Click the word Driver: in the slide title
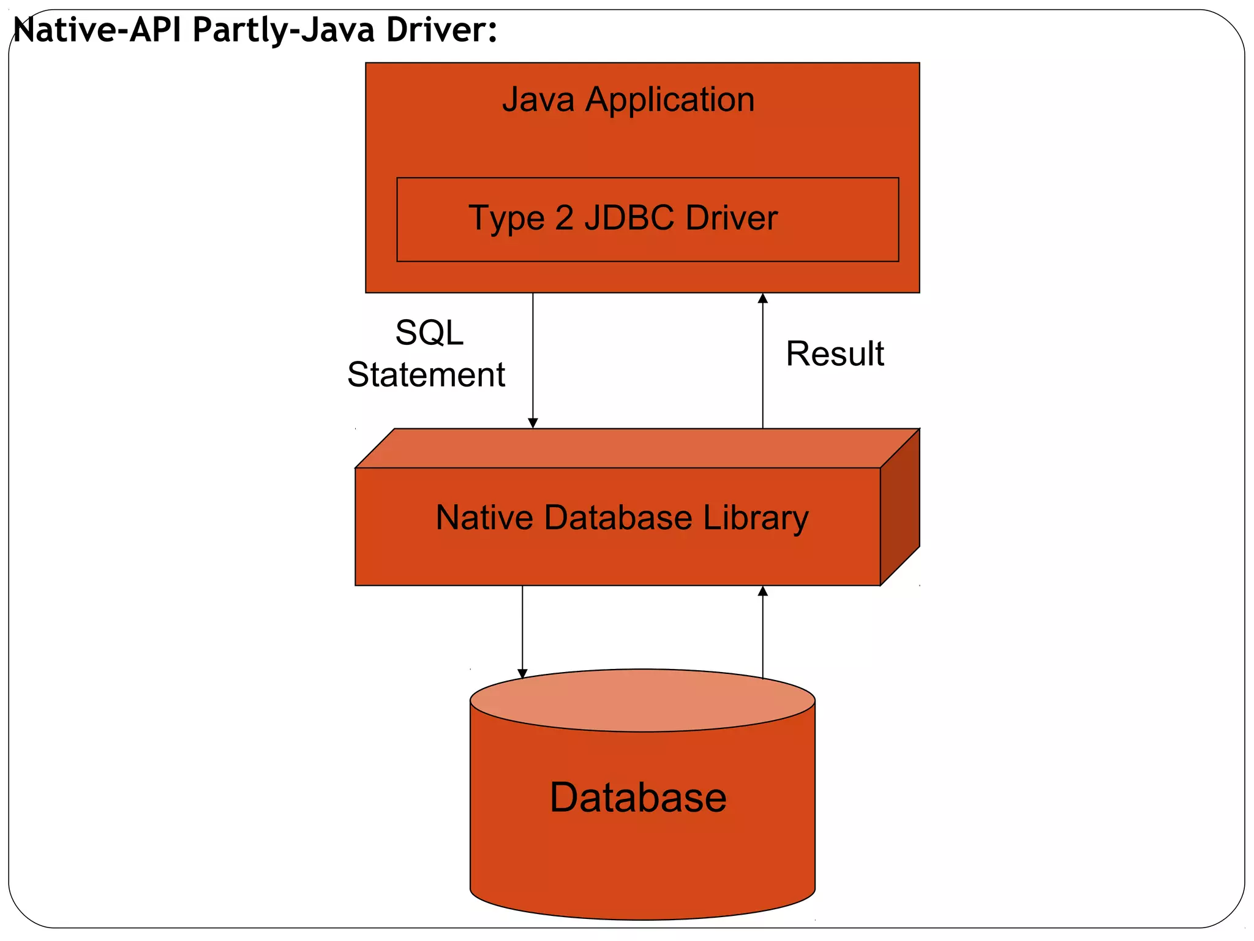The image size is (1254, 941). click(x=441, y=29)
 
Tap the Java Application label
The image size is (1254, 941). click(x=628, y=99)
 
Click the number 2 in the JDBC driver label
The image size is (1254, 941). click(x=564, y=217)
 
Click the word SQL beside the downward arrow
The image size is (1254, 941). click(x=429, y=333)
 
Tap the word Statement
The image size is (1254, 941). click(x=426, y=374)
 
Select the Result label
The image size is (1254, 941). click(x=835, y=353)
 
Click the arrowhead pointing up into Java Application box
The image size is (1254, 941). click(x=762, y=298)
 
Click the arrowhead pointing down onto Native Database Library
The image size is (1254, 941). click(x=533, y=423)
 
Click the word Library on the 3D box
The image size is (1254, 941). click(x=756, y=517)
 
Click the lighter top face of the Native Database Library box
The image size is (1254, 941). click(x=637, y=448)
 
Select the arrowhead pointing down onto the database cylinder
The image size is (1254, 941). click(x=522, y=673)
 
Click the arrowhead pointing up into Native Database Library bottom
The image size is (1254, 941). click(x=762, y=591)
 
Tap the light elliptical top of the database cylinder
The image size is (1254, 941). click(x=642, y=700)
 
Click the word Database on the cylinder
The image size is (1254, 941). click(x=638, y=798)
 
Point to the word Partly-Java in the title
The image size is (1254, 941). click(x=283, y=29)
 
